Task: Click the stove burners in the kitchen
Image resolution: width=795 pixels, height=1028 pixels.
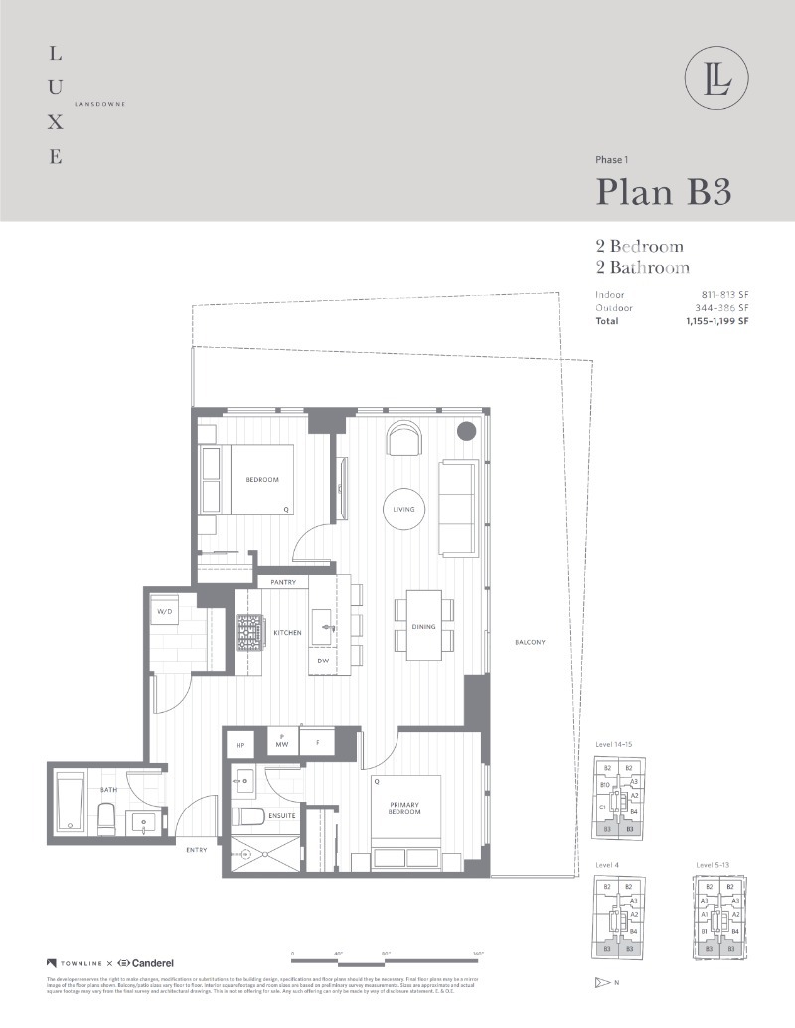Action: tap(247, 632)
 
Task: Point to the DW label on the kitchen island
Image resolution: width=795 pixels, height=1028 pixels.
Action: tap(323, 661)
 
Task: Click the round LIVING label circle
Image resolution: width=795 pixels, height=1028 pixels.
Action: tap(403, 509)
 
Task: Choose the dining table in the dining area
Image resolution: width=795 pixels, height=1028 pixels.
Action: tap(424, 625)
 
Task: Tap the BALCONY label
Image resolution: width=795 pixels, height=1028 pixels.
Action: tap(530, 642)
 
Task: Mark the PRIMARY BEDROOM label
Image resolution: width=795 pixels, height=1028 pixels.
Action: tap(404, 807)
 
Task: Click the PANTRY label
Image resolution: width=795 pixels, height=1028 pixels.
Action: tap(283, 582)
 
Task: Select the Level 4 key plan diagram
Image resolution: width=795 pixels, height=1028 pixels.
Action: tap(618, 918)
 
